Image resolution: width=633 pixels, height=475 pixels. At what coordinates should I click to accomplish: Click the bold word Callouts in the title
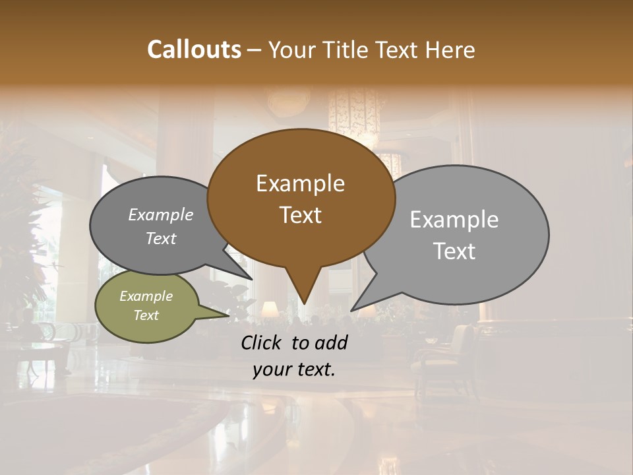click(x=194, y=49)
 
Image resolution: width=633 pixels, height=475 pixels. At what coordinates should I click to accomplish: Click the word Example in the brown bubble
click(x=300, y=183)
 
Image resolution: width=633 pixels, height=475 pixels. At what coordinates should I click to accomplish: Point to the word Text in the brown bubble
click(x=300, y=214)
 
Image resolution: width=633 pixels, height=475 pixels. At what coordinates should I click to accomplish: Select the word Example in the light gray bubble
click(x=454, y=220)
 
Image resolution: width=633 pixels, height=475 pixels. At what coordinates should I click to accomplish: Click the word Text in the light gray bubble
click(x=454, y=251)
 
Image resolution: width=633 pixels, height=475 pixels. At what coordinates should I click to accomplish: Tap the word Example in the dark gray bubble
click(x=161, y=214)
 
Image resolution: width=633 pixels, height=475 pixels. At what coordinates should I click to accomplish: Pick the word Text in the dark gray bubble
click(x=161, y=238)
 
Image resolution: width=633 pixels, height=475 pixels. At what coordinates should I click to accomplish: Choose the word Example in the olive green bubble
click(x=146, y=296)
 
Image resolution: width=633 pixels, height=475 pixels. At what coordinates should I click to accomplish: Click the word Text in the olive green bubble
click(x=146, y=315)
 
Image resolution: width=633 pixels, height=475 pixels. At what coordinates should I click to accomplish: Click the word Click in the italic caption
click(x=262, y=342)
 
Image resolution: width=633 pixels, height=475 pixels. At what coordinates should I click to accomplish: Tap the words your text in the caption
click(x=294, y=369)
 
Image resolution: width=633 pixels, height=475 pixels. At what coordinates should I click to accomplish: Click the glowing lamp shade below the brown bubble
click(x=269, y=309)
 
